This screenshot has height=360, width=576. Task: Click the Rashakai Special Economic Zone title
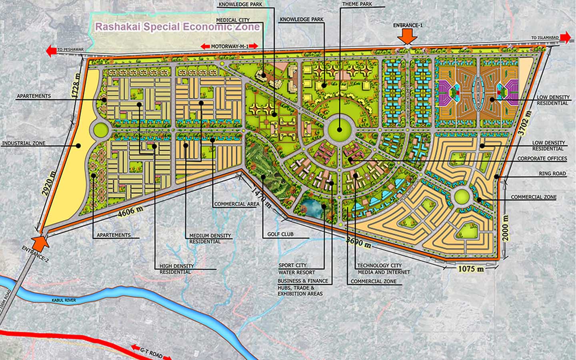point(177,27)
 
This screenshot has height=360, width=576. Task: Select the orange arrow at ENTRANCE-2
point(40,242)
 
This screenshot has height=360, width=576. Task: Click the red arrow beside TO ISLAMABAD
point(566,38)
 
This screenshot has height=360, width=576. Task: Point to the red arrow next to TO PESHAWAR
point(51,51)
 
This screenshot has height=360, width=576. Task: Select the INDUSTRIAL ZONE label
point(24,143)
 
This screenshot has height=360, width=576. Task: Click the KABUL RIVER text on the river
point(63,300)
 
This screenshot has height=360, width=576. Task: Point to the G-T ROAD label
point(151,352)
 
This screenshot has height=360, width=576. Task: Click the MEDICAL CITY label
point(232,20)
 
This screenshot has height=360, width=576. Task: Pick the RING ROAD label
point(552,174)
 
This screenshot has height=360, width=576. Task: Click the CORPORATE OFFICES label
point(542,158)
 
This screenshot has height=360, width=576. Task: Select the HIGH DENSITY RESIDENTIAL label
point(176,269)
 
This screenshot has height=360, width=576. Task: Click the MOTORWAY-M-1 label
point(230,46)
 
